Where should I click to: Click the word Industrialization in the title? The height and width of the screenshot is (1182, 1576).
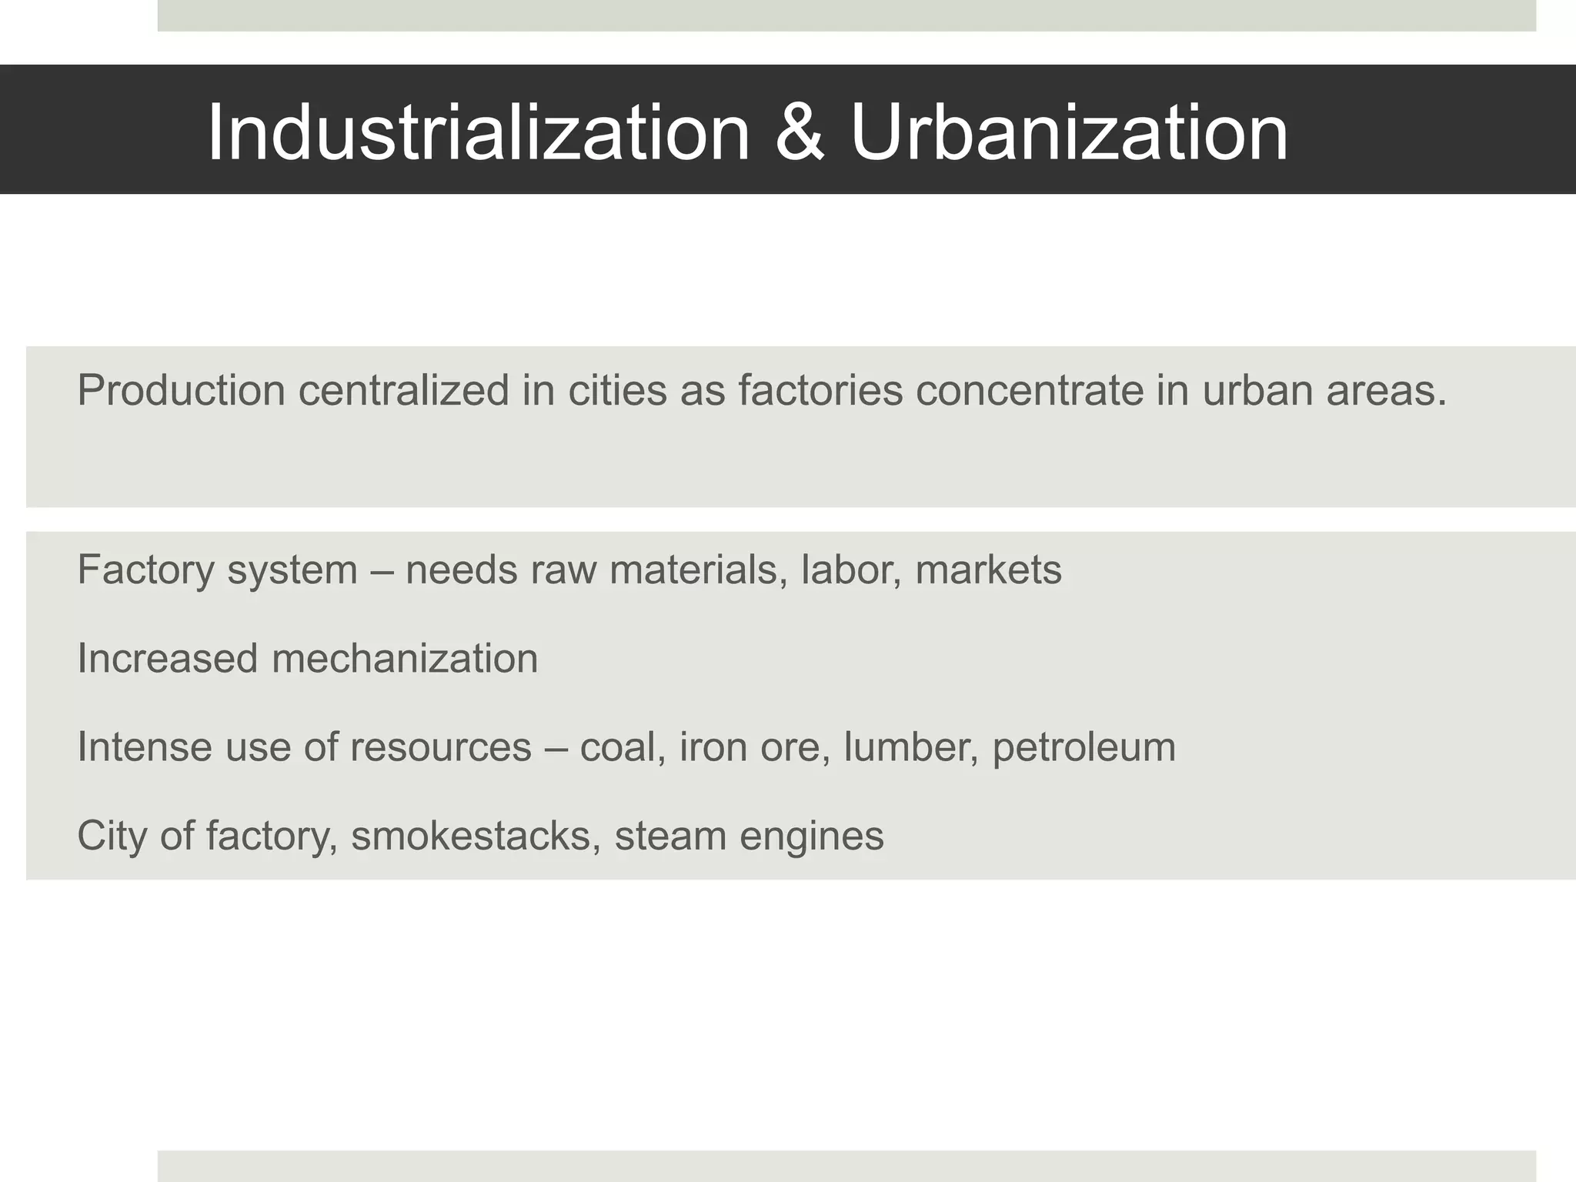(478, 132)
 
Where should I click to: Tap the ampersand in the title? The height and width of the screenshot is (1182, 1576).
(800, 132)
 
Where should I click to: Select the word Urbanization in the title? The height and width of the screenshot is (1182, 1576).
(1069, 132)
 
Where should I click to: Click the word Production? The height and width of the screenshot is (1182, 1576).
(181, 390)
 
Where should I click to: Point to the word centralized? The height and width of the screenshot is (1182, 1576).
(404, 390)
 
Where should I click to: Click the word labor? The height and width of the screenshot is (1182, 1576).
(850, 570)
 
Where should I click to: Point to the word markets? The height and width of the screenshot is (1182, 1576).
(988, 570)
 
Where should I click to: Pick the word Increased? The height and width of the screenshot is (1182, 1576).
(167, 659)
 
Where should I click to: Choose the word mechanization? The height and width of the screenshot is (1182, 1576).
(405, 659)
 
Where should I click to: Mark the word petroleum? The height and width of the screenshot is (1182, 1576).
(1083, 748)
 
